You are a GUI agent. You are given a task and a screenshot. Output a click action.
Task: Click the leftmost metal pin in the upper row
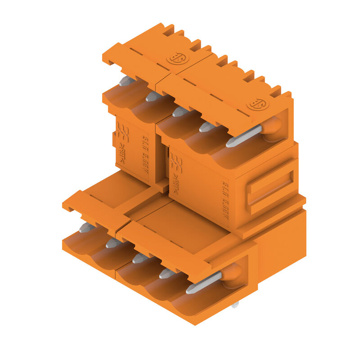126,81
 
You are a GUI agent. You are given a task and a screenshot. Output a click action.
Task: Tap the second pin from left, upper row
153,96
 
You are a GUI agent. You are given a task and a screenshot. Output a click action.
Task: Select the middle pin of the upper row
180,112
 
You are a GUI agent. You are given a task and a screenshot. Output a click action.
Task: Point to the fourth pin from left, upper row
207,127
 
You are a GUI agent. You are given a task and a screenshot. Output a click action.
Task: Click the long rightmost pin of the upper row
243,136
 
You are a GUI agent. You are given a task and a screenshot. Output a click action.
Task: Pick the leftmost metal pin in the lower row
86,228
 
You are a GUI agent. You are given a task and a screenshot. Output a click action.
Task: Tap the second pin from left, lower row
113,243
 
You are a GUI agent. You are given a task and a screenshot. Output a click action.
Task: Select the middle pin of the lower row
140,258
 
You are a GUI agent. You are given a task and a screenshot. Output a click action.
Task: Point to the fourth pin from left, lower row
167,273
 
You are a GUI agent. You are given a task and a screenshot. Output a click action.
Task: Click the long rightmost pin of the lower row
203,283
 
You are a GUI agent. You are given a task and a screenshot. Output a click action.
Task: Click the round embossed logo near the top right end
257,104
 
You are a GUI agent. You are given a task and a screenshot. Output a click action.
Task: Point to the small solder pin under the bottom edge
234,305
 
